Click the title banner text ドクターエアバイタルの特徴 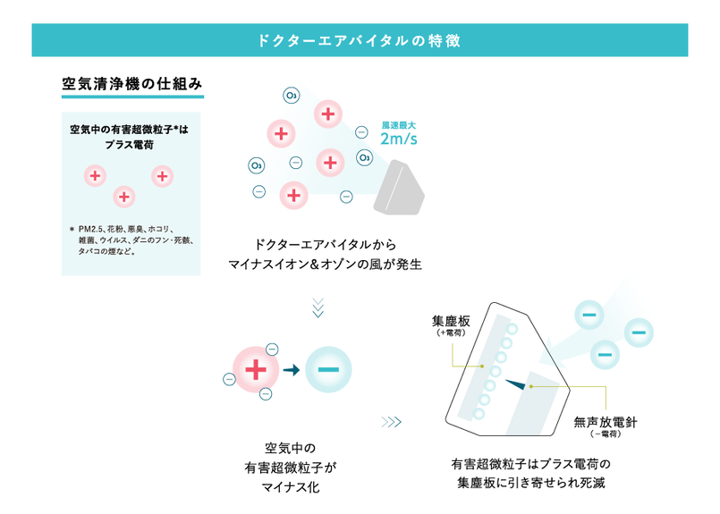click(359, 40)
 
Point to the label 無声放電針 click(605, 421)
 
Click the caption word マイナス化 click(291, 487)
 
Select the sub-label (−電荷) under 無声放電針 click(606, 434)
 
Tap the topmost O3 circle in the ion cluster click(291, 95)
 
